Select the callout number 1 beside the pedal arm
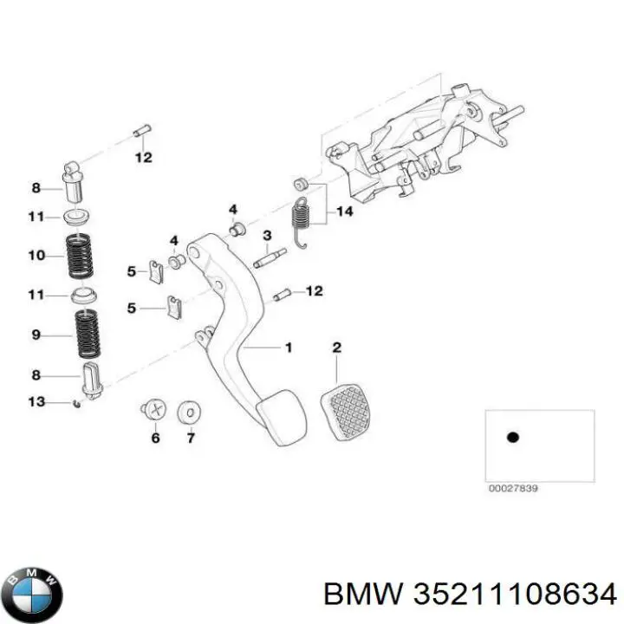pos(289,348)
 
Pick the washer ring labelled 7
pos(187,412)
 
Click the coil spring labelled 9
pos(86,335)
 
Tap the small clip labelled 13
pos(79,403)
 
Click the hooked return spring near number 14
pos(301,222)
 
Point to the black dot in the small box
pos(512,438)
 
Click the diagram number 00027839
pos(514,489)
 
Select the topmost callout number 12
pos(143,158)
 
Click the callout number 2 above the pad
pos(337,348)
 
